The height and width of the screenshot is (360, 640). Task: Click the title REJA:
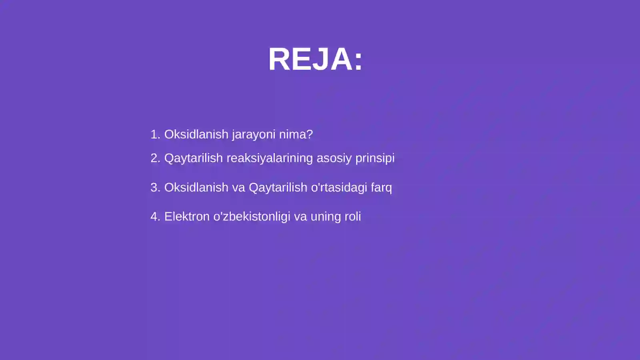pos(315,59)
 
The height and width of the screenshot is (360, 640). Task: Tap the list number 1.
pos(155,134)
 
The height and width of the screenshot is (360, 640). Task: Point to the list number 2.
pos(155,158)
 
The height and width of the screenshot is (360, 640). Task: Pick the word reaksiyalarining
pos(270,158)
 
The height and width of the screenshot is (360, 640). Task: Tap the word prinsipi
pos(375,158)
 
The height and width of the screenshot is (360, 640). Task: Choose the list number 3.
pos(155,187)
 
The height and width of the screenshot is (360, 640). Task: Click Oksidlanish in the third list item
pos(196,187)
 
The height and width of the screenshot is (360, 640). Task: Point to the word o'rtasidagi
pos(339,187)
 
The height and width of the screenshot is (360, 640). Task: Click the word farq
pos(381,187)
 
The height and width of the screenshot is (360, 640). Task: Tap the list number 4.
pos(155,216)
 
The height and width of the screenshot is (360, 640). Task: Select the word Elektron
pos(187,216)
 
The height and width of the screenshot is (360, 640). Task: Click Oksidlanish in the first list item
pos(196,134)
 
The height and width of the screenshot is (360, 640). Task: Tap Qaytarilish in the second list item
pos(194,158)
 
